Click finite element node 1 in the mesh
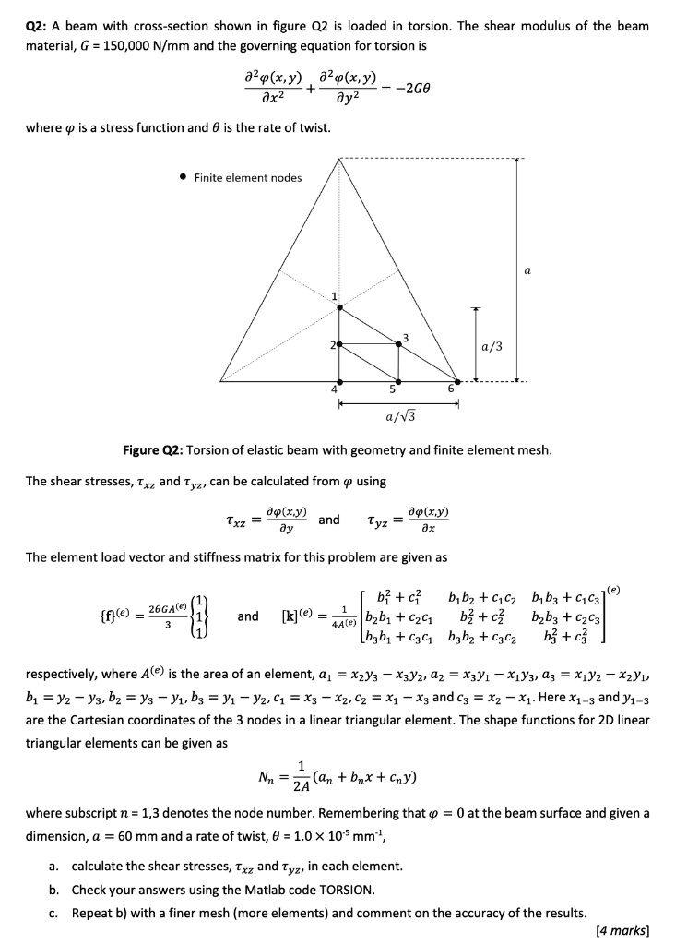pyautogui.click(x=339, y=306)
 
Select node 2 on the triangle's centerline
pyautogui.click(x=339, y=343)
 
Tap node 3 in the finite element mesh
pyautogui.click(x=398, y=343)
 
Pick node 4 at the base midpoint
pyautogui.click(x=339, y=380)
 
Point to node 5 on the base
pyautogui.click(x=398, y=380)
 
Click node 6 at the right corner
pyautogui.click(x=457, y=380)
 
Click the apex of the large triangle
pyautogui.click(x=339, y=159)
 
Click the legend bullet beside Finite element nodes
pyautogui.click(x=184, y=177)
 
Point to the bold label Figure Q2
pyautogui.click(x=152, y=450)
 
